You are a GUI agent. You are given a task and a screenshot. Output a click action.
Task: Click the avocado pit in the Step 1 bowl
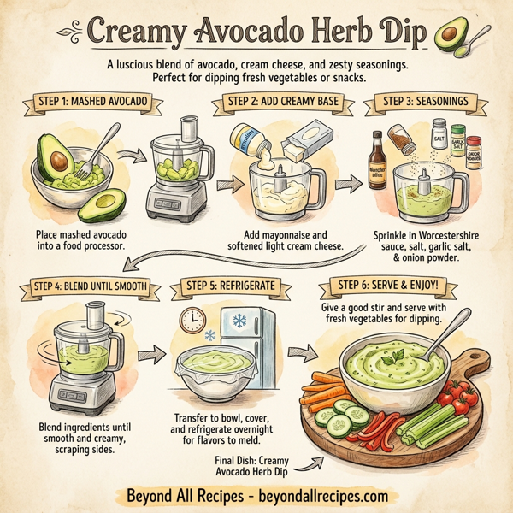59,160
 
